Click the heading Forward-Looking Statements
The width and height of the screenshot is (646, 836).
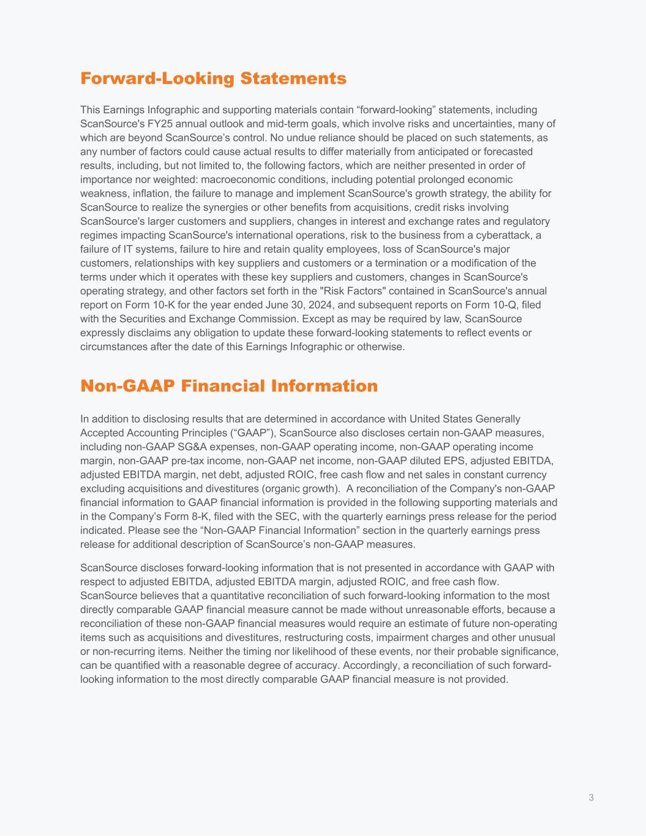[213, 79]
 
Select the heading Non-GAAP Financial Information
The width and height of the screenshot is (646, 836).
[229, 386]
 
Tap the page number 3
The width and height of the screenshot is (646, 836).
[591, 797]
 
